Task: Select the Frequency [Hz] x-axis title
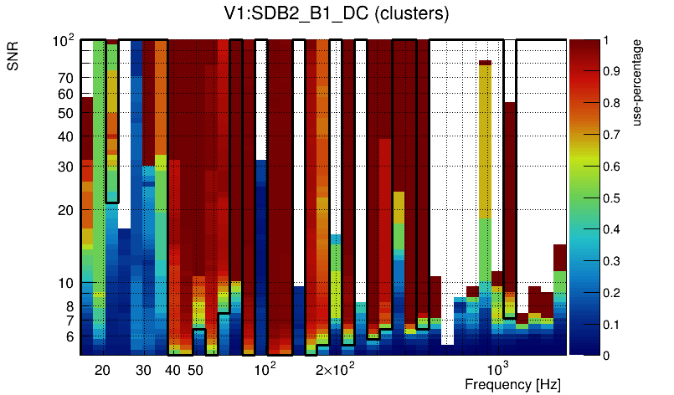512,384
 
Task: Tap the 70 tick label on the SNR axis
66,79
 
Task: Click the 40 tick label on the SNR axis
66,136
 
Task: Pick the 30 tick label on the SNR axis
66,166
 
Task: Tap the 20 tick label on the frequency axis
102,370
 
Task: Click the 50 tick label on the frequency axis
195,370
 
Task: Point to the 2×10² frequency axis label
336,369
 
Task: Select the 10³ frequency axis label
497,369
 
